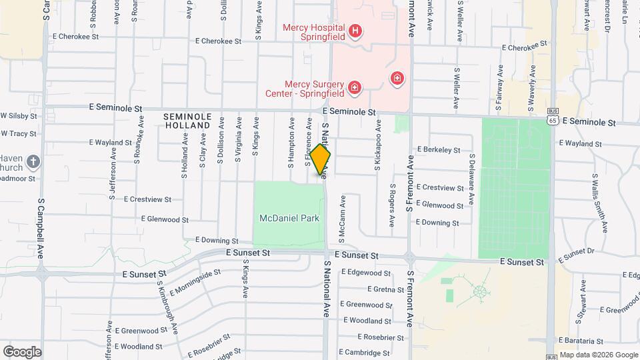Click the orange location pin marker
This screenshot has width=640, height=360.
(x=321, y=160)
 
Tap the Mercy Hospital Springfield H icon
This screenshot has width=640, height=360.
(x=355, y=31)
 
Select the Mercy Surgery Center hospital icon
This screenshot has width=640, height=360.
(x=354, y=87)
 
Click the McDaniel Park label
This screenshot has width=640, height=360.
(x=289, y=218)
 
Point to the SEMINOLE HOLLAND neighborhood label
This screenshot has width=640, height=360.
(x=187, y=121)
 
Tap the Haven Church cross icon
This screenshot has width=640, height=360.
(x=33, y=161)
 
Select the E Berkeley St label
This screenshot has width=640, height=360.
(x=439, y=150)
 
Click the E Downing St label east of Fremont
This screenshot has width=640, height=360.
(x=437, y=223)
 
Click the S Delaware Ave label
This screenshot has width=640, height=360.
(x=471, y=179)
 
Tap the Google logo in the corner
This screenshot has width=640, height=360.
(x=22, y=351)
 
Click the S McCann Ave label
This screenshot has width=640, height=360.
(x=343, y=217)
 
